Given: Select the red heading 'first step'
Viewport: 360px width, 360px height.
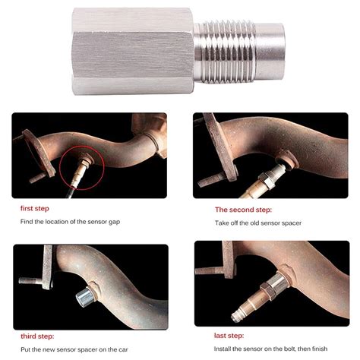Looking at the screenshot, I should coord(36,207).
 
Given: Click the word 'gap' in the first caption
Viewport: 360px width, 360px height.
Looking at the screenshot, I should coord(136,222).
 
